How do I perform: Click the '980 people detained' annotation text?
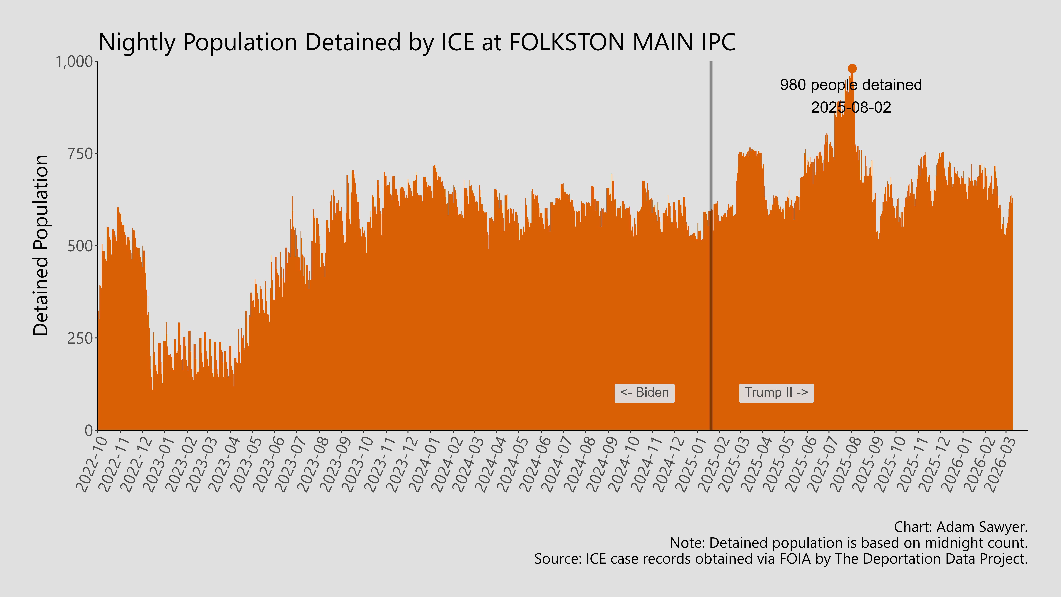click(851, 85)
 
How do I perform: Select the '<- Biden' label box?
click(644, 393)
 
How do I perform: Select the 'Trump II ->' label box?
click(776, 393)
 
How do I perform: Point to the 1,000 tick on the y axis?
click(74, 62)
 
